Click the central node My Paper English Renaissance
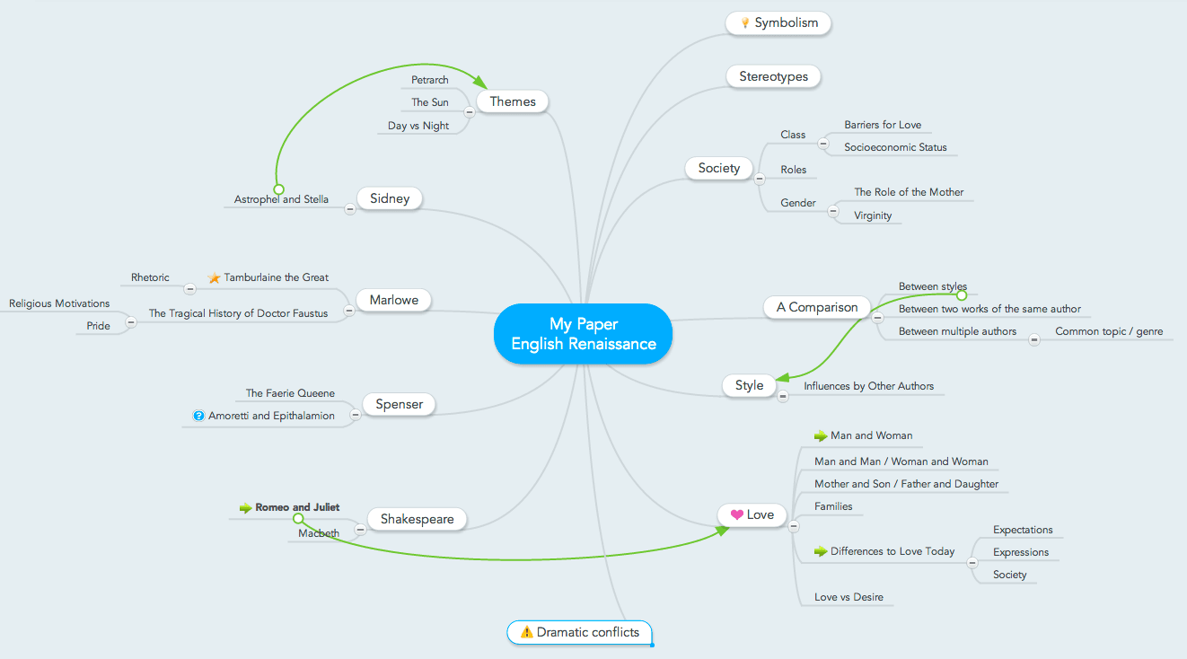(583, 333)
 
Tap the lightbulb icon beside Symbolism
(744, 23)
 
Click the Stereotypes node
(773, 77)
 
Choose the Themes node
(513, 102)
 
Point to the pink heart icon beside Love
(736, 515)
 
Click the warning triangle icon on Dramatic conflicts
(527, 632)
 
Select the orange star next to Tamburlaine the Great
(214, 278)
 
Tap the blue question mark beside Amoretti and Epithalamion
(199, 416)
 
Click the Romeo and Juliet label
(297, 507)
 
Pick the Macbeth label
(319, 533)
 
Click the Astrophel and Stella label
(281, 199)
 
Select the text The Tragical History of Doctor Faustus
(238, 313)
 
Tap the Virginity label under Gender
(873, 215)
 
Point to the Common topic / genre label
(1108, 331)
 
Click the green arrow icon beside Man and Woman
(820, 435)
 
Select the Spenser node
(399, 405)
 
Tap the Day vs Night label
(418, 126)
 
